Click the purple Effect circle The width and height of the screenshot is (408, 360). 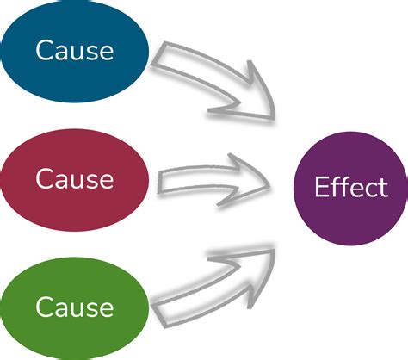[x=349, y=188]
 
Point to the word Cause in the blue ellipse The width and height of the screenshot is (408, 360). [x=75, y=50]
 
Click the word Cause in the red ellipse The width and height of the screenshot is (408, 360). [x=75, y=179]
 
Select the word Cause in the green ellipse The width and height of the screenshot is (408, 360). [x=75, y=307]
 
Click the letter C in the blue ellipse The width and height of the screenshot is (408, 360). [x=45, y=50]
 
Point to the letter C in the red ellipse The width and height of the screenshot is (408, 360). [x=45, y=179]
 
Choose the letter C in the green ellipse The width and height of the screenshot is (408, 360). [x=45, y=307]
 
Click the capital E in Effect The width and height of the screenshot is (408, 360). [x=321, y=188]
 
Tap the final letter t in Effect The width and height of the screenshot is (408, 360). [x=381, y=188]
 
